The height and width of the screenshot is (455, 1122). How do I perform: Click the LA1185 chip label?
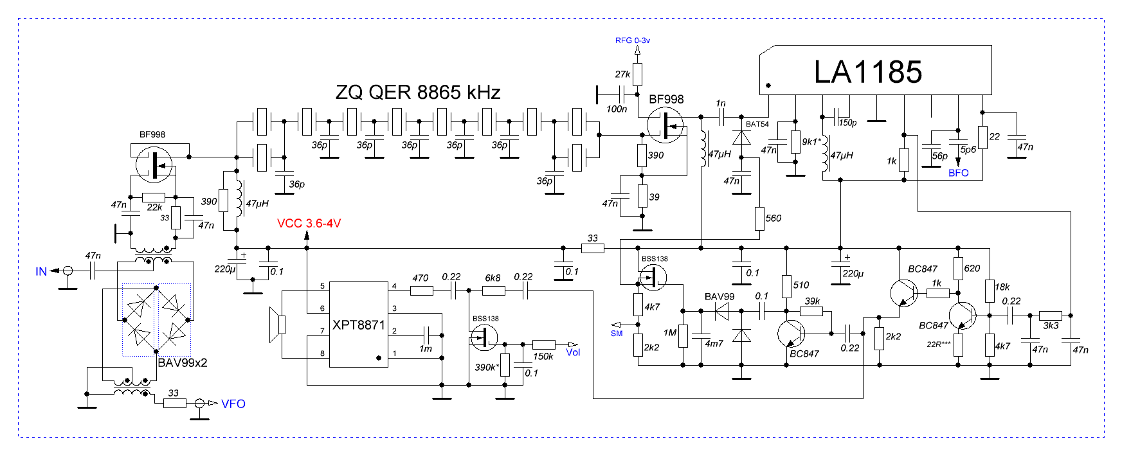[x=867, y=72]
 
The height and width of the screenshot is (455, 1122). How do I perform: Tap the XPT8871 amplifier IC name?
[x=358, y=325]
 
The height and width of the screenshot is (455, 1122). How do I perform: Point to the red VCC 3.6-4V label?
[x=309, y=224]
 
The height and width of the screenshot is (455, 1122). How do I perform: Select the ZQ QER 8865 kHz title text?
[x=418, y=93]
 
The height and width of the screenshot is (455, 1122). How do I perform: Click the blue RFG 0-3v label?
[x=632, y=40]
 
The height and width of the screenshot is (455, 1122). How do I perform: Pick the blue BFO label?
[x=958, y=174]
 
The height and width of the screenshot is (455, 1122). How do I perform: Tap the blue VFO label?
[x=233, y=404]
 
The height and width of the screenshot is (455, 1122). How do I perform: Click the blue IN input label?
[x=41, y=272]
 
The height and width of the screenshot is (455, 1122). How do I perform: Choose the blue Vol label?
[x=572, y=352]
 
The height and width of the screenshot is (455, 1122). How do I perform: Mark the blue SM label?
[x=617, y=334]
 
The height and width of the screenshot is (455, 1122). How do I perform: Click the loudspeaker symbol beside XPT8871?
[x=277, y=325]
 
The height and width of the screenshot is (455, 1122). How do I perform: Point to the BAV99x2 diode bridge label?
[x=183, y=363]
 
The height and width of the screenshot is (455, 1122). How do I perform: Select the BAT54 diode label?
[x=757, y=124]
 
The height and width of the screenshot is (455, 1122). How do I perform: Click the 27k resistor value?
[x=622, y=75]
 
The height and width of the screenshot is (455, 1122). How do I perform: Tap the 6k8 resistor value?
[x=493, y=278]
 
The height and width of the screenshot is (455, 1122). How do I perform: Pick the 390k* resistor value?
[x=487, y=368]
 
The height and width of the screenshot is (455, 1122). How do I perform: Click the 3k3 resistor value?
[x=1051, y=326]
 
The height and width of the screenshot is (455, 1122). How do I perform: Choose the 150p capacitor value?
[x=847, y=123]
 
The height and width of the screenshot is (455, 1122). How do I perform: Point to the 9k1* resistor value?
[x=811, y=141]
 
